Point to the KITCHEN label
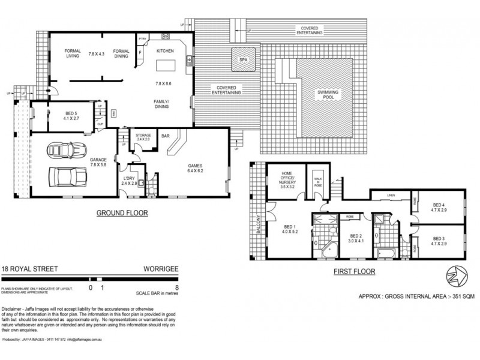[x=165, y=52]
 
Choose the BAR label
[x=166, y=136]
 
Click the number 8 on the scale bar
[x=175, y=287]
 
